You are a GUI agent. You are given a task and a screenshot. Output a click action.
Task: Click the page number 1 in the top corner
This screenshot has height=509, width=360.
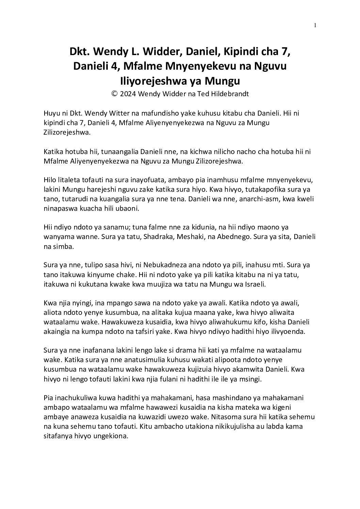tap(315, 25)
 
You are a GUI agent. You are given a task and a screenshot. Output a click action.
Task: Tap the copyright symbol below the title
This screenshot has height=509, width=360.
tap(115, 94)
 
